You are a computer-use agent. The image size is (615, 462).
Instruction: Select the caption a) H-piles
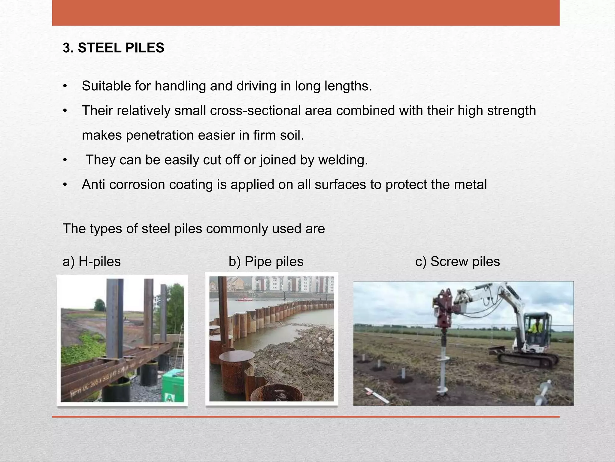[x=92, y=261]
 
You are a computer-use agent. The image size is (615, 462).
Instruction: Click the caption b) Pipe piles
[x=266, y=261]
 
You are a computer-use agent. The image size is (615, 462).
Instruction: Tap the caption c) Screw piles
[x=457, y=261]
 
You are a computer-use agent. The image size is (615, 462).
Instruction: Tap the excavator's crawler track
[x=529, y=359]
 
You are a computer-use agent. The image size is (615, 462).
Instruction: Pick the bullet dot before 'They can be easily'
[x=65, y=160]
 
